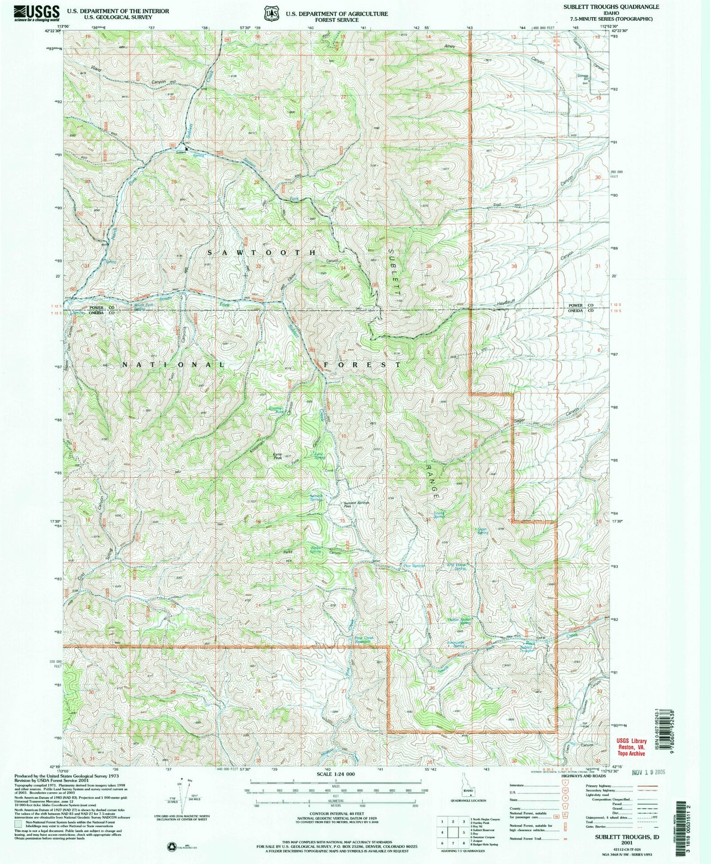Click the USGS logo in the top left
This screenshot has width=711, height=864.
[36, 13]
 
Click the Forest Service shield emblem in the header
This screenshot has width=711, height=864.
[272, 14]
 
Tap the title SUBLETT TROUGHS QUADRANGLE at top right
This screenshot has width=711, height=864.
[620, 7]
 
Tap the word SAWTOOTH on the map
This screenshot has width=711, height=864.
[261, 253]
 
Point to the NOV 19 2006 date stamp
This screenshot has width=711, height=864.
[649, 772]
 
